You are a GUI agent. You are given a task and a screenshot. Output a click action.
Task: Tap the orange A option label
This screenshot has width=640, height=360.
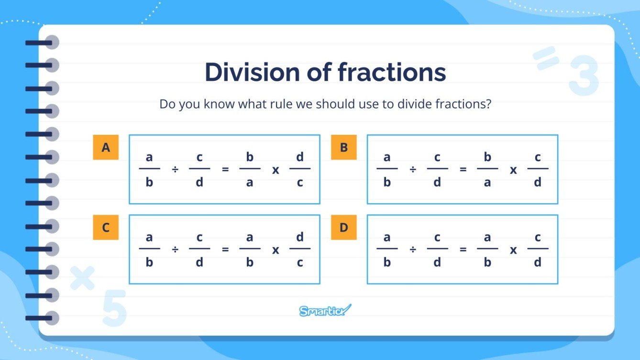[106, 147]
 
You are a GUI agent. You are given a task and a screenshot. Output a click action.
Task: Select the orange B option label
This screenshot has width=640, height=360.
[343, 147]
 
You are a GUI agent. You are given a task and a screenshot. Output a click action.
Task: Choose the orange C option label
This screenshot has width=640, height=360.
[106, 228]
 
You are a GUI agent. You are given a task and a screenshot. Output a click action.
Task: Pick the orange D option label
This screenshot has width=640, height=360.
[343, 228]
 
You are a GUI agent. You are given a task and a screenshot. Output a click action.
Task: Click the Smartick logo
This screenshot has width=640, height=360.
[325, 310]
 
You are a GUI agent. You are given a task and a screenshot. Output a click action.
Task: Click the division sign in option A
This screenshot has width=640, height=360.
[175, 170]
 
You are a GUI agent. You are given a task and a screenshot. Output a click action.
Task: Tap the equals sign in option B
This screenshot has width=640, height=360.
[463, 170]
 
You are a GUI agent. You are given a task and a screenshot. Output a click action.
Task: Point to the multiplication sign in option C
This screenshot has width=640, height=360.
[276, 250]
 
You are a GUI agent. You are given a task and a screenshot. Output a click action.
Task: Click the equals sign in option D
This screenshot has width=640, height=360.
[463, 250]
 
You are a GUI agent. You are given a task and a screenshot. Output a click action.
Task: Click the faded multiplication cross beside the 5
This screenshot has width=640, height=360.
[82, 278]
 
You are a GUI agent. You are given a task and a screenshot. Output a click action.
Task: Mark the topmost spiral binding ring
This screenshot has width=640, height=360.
[42, 43]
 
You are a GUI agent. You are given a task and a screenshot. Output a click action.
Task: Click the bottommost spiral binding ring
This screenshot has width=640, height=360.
[42, 318]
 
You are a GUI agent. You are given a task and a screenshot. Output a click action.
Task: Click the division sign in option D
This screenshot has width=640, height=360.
[413, 250]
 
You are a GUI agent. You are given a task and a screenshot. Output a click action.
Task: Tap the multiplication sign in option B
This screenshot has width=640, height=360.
[513, 170]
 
